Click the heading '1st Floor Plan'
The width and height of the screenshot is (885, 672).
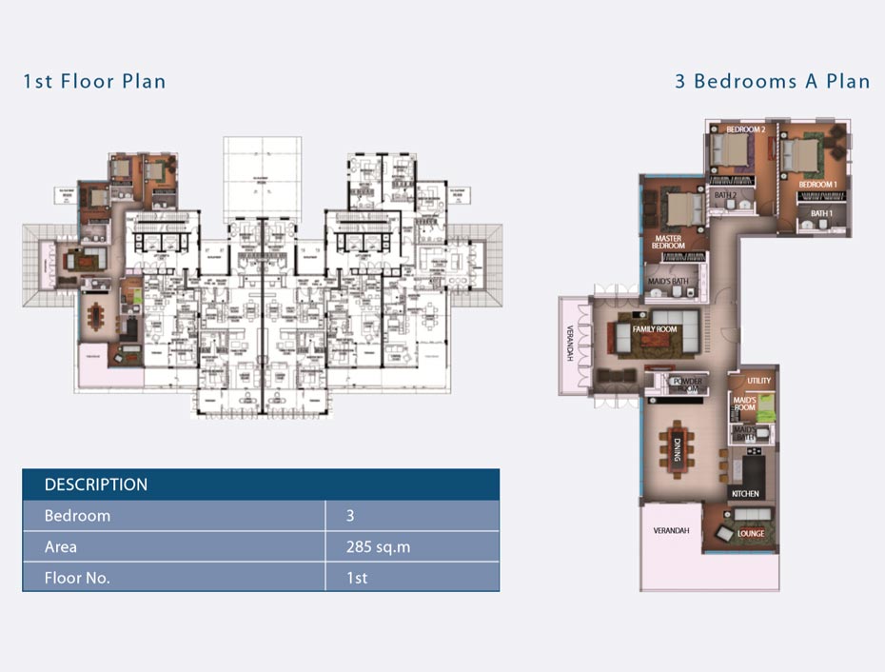tap(94, 81)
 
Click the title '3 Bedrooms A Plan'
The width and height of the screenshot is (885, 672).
tap(772, 81)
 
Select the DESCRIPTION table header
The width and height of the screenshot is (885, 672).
tap(96, 484)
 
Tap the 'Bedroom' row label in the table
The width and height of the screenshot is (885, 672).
tap(77, 516)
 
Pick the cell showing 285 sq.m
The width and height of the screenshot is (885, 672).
tap(379, 547)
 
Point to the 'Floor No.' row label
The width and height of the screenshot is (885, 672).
tap(77, 578)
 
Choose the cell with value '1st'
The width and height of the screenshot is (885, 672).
tap(358, 578)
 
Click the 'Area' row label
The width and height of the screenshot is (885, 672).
tap(61, 547)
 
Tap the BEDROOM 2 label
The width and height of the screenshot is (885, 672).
tap(745, 129)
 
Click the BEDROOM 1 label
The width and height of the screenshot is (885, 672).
tap(817, 184)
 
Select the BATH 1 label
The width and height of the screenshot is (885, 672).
tap(820, 214)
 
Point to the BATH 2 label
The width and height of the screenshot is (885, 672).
tap(725, 195)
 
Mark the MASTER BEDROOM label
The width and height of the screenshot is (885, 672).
tap(668, 243)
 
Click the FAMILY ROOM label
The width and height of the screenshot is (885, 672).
tap(654, 329)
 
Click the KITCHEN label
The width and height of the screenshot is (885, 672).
tap(744, 494)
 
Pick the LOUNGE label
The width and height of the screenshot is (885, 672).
tap(750, 534)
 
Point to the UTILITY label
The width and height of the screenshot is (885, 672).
tap(758, 381)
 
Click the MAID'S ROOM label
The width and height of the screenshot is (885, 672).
tap(743, 404)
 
